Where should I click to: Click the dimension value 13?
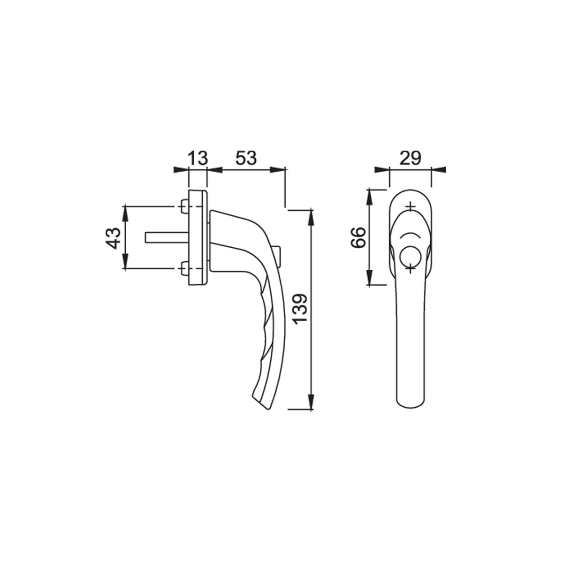[198, 158]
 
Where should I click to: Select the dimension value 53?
[246, 158]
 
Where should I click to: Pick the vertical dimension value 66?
[358, 237]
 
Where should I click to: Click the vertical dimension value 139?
[300, 308]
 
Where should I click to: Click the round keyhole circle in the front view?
[410, 257]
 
